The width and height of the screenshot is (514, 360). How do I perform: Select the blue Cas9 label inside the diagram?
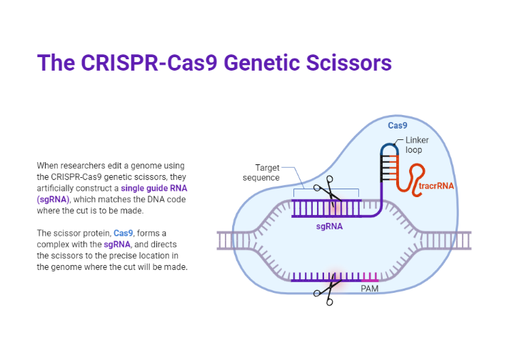point(398,126)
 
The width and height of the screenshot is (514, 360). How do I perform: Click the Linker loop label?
point(414,145)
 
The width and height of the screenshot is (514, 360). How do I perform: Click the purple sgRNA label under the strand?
point(330,226)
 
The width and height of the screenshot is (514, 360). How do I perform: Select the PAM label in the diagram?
point(370,289)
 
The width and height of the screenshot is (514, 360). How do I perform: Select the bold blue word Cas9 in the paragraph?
point(124,233)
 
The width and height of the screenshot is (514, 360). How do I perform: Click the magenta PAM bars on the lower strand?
point(369,276)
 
